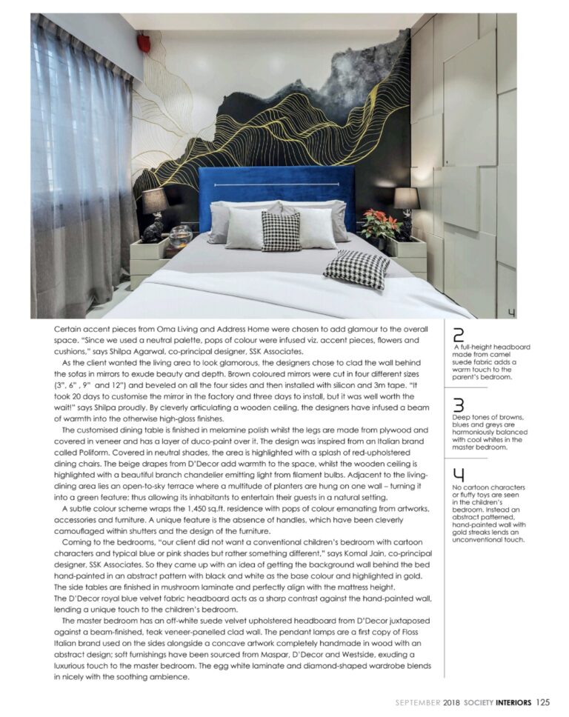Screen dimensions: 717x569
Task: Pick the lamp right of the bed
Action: (x=406, y=208)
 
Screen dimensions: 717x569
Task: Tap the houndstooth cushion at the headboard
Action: (x=282, y=230)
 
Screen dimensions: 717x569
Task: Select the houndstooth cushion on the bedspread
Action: (x=356, y=269)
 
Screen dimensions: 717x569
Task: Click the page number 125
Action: (x=543, y=702)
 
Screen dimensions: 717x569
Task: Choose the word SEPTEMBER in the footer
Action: (x=417, y=702)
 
